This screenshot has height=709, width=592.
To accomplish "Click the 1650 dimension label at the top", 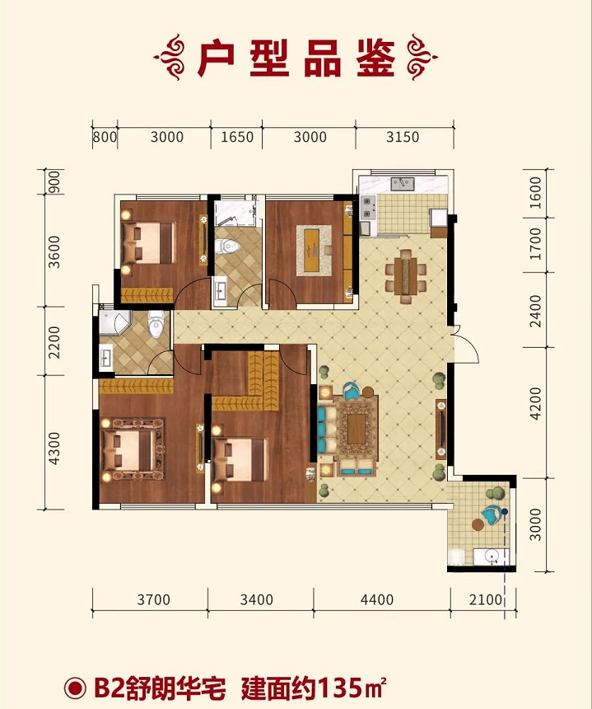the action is tap(236, 137).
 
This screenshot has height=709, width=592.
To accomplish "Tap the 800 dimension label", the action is tap(105, 137).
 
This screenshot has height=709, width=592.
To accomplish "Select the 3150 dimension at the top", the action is tap(403, 137).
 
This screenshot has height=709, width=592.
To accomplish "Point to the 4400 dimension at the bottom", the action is tap(377, 600).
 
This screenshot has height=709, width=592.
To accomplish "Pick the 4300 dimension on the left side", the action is tap(54, 448).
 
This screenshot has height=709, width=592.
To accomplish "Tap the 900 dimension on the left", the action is tap(54, 182).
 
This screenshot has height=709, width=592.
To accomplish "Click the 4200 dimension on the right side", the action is tap(535, 403).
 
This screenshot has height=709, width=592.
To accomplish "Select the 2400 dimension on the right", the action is tap(535, 311).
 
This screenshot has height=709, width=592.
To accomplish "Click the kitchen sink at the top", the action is tap(403, 184).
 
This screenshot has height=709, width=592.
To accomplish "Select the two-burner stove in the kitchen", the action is tap(367, 207).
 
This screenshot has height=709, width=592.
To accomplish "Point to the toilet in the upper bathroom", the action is tap(227, 246).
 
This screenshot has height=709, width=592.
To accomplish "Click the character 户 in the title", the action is tap(216, 59).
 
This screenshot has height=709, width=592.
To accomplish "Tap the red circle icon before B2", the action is tap(75, 688).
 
